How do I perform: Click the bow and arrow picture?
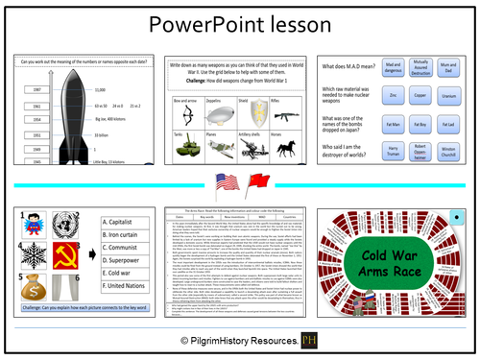click(x=190, y=112)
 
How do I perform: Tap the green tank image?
click(x=190, y=150)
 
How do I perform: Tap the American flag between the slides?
click(x=227, y=183)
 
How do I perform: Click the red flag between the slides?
click(x=253, y=183)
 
